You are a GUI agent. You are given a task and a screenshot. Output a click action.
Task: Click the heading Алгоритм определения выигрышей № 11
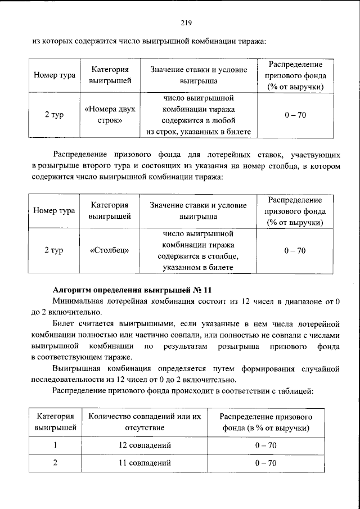click(x=132, y=290)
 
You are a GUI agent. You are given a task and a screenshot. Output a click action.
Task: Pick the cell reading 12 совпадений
click(x=145, y=445)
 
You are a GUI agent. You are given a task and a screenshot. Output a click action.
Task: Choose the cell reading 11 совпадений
click(x=145, y=464)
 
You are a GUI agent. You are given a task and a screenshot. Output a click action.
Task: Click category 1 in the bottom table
click(x=55, y=445)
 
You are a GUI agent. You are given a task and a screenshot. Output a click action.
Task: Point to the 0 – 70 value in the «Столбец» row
click(x=295, y=251)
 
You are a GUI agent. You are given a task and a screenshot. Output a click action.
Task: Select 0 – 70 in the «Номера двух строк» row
click(x=295, y=115)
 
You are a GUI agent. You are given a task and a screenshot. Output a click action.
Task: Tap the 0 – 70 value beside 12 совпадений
click(x=265, y=445)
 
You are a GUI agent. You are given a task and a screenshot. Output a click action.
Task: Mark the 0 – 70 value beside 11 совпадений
click(x=265, y=464)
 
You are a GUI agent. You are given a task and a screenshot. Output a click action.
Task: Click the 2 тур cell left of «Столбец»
click(x=54, y=251)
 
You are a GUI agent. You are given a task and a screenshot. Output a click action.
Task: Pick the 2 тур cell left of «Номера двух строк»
click(x=54, y=115)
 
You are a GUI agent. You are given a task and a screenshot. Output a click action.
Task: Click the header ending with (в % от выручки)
click(x=265, y=422)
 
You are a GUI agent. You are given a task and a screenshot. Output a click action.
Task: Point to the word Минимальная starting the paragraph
click(x=79, y=304)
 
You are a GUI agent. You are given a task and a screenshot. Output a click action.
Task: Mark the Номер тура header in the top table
click(x=54, y=75)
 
